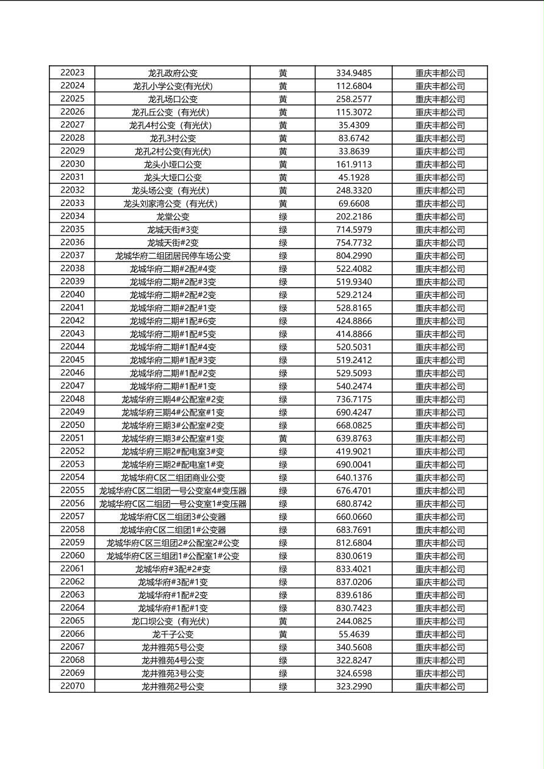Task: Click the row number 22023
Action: (x=73, y=73)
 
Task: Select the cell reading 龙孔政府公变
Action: (x=173, y=73)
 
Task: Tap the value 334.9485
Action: (x=354, y=73)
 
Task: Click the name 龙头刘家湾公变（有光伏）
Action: (x=173, y=204)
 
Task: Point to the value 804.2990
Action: (x=354, y=256)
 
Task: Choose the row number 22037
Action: (x=73, y=255)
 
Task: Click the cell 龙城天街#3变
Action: (x=173, y=230)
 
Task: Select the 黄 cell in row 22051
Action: (x=283, y=439)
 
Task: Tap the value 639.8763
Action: (x=354, y=439)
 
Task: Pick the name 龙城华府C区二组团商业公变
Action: (x=173, y=478)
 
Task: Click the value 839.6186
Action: (x=354, y=595)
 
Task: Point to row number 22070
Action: (x=73, y=686)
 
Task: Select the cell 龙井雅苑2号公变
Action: (x=173, y=687)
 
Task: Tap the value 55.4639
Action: (x=354, y=634)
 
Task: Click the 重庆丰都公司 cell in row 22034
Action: (x=440, y=217)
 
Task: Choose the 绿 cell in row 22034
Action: (x=283, y=217)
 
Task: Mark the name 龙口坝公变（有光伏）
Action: (x=173, y=622)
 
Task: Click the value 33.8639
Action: (x=354, y=151)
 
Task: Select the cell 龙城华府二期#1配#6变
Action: (x=173, y=321)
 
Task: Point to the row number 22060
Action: (x=73, y=556)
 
